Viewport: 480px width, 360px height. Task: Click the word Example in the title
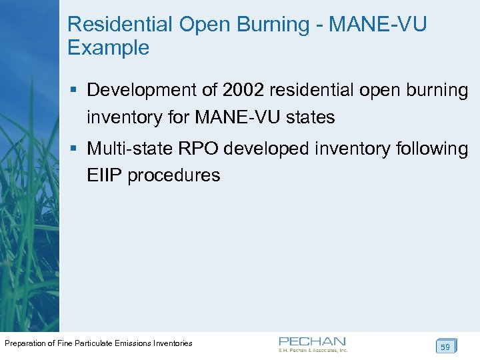(x=108, y=48)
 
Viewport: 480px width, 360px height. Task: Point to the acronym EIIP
(x=104, y=176)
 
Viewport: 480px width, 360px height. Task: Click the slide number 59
(x=445, y=347)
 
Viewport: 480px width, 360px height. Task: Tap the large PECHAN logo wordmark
(x=312, y=341)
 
